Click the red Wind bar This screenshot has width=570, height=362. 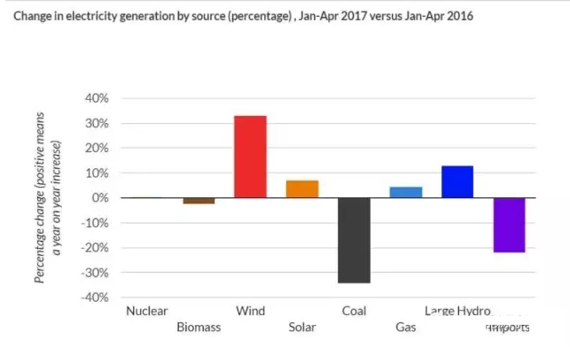249,157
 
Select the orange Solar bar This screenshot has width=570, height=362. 301,189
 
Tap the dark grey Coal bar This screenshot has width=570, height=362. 354,240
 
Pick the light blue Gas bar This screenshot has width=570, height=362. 405,192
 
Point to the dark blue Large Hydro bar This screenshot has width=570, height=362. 457,181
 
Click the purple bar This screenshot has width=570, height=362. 509,225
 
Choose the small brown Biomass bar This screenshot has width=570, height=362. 198,201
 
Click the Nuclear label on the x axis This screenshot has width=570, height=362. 147,311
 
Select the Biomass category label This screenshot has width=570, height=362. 198,327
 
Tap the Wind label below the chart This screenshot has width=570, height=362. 250,311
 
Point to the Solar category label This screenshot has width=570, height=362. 302,327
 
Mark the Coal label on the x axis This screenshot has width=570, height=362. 354,311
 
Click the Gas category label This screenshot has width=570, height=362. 405,327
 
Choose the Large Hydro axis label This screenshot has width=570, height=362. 457,311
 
